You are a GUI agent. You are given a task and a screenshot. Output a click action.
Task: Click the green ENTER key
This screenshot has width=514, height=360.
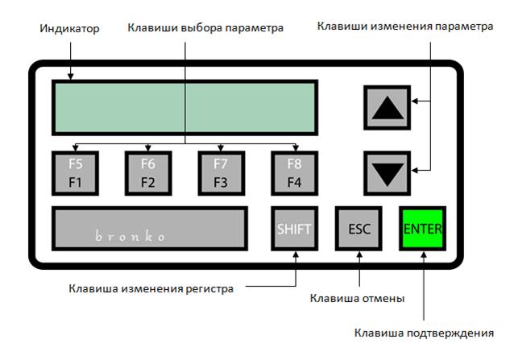(422, 228)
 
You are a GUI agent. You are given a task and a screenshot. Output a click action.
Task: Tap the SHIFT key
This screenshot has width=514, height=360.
(294, 228)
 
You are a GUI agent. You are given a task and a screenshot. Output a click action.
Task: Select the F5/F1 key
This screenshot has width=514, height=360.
(76, 173)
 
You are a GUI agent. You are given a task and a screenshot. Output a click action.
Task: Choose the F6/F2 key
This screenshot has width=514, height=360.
(148, 173)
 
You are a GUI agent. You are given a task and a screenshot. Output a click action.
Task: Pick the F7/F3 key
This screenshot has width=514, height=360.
(222, 173)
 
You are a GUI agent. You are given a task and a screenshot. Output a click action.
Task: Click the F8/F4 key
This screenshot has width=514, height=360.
(294, 173)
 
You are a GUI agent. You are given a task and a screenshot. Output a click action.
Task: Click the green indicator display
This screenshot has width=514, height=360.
(184, 107)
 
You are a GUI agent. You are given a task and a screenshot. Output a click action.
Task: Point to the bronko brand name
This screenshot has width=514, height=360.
(131, 236)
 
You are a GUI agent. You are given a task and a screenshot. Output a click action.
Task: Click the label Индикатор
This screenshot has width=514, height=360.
(69, 28)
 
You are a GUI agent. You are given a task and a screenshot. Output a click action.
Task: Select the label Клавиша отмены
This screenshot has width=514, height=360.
(357, 299)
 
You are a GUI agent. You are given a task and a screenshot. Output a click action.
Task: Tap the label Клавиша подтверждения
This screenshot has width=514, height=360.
(424, 333)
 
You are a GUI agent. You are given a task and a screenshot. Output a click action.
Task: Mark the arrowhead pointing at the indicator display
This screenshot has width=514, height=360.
(70, 77)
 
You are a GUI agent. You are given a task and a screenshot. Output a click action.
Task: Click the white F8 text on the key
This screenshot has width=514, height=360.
(294, 163)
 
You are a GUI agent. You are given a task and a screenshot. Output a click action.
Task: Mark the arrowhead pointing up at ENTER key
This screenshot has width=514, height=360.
(424, 254)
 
